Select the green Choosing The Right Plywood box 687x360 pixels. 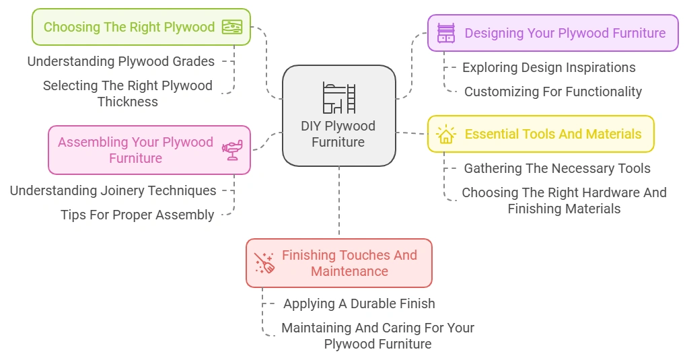click(141, 27)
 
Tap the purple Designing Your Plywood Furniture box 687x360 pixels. click(552, 33)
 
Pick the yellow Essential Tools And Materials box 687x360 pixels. click(540, 134)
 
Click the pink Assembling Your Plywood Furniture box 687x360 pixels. click(149, 150)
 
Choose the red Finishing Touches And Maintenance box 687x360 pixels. click(338, 263)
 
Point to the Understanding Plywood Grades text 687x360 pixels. click(121, 61)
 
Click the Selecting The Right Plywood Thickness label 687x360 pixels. click(128, 94)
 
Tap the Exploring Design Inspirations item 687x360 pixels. click(548, 67)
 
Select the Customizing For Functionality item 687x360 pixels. click(552, 92)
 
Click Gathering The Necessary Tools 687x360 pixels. click(557, 168)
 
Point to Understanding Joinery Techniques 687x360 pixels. click(113, 190)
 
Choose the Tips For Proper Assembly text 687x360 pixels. click(137, 215)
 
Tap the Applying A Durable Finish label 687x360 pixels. click(359, 303)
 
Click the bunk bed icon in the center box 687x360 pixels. click(338, 98)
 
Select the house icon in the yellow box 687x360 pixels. click(445, 134)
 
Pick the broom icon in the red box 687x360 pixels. click(264, 263)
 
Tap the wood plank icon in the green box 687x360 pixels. click(232, 27)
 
